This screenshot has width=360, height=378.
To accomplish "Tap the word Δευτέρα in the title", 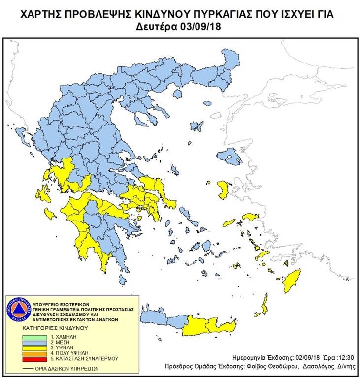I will point(159,26).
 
